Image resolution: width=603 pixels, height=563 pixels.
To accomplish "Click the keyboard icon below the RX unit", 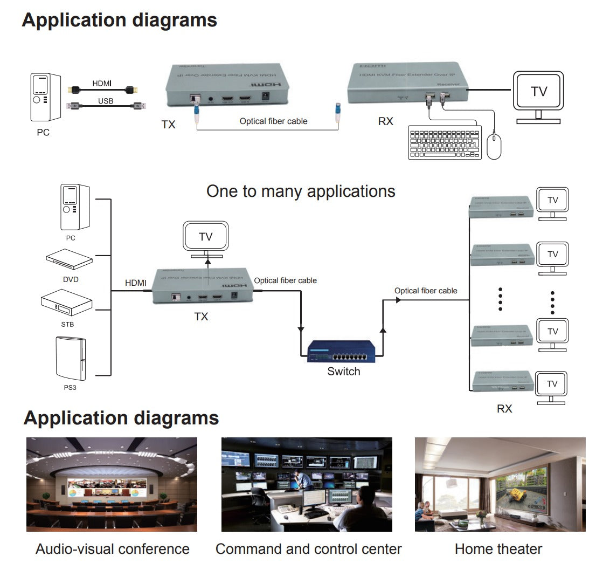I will click(445, 142).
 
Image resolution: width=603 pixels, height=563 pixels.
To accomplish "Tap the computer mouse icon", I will click(494, 147).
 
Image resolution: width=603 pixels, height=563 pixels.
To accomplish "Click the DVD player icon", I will click(69, 259).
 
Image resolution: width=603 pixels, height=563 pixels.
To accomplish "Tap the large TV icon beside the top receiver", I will click(538, 93).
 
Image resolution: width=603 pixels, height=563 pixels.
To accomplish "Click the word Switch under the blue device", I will click(343, 372).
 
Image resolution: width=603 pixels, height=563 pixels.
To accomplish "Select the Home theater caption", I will click(498, 549).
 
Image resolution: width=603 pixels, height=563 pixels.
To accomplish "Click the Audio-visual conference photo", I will click(112, 484).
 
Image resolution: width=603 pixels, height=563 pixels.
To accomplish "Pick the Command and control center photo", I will click(307, 484).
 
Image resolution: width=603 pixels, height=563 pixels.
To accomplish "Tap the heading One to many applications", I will click(301, 191).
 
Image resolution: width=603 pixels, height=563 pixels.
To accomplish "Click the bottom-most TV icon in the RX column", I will click(552, 385).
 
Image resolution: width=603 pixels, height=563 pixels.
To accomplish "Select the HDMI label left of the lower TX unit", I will click(135, 283).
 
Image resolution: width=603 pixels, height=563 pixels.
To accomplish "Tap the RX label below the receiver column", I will click(504, 409).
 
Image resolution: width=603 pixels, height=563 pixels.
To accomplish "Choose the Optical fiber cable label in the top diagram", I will click(273, 121).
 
